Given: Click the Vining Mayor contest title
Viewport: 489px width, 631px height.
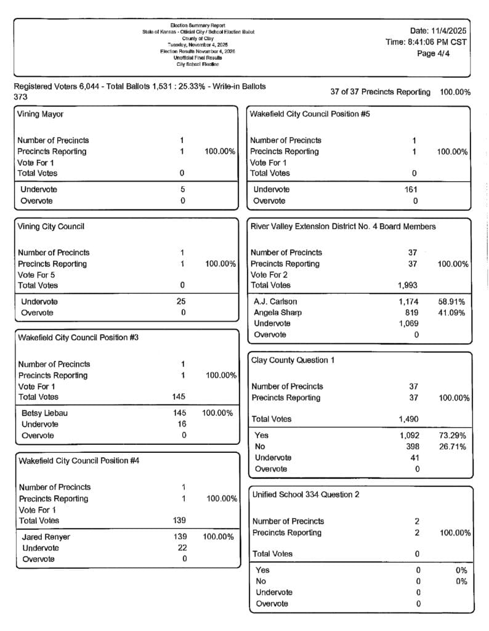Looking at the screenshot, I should coord(41,115).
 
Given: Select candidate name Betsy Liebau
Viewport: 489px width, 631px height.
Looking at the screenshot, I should coord(43,413).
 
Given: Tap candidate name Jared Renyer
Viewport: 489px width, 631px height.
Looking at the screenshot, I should coord(46,537).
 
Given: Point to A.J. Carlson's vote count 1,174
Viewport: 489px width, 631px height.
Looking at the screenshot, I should coord(408,302).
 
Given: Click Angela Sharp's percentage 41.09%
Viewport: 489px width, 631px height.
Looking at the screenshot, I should coord(451,313).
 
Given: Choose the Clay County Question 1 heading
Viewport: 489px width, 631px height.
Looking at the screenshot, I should coord(293,360).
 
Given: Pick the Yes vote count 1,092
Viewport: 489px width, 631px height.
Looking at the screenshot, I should coord(408,436).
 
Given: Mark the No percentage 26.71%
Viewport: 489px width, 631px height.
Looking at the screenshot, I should coord(452,447).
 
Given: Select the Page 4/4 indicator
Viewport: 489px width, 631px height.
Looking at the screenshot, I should coord(435,54).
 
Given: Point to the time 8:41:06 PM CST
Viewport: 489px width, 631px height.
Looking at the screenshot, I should coord(426,43).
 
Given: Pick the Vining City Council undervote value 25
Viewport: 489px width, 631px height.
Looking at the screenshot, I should coord(181,302).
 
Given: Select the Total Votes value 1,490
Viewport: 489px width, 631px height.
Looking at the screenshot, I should coord(408,420).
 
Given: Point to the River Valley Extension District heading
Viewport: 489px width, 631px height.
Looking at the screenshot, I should coord(343,227).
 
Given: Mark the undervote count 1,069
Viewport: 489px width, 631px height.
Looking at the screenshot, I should coord(408,324).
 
